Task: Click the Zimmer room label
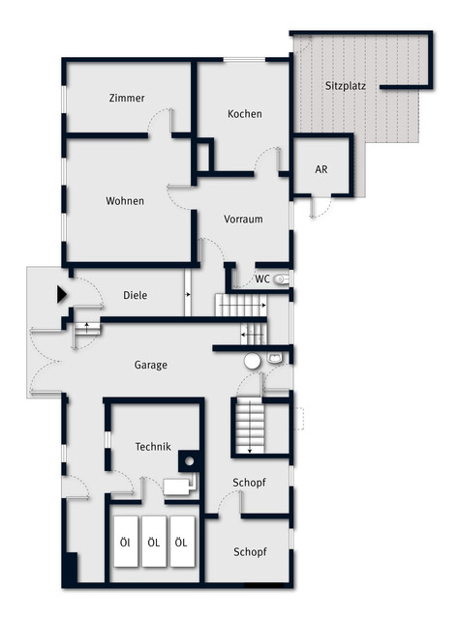point(127,98)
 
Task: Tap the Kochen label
point(245,114)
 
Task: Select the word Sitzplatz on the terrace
point(346,86)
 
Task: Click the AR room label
point(321,169)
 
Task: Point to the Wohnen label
point(125,201)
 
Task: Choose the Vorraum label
point(243,220)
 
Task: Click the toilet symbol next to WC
point(283,280)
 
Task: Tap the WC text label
point(262,280)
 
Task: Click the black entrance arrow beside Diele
point(62,294)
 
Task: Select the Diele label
point(136,295)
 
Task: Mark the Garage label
point(151,366)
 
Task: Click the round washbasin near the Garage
point(252,361)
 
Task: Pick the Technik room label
point(153,447)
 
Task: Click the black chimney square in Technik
point(190,461)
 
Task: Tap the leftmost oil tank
point(126,542)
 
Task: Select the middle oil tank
point(154,542)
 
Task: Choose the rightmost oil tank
point(182,542)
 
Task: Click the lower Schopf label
point(250,552)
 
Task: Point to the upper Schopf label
point(249,483)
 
